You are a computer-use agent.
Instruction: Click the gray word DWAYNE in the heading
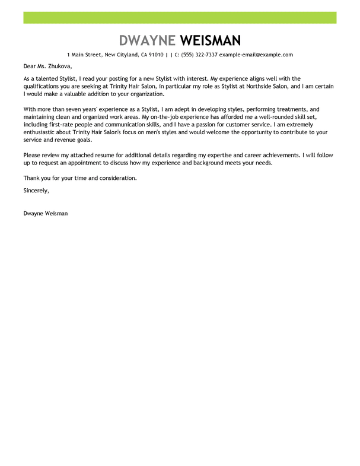coord(147,40)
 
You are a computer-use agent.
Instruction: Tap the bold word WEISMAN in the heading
coord(211,40)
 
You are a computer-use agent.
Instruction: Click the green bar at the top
coord(180,18)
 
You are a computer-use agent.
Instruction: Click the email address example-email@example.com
coord(256,55)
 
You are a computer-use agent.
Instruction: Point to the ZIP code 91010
coord(156,55)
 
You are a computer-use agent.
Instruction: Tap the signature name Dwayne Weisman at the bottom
coord(45,213)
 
